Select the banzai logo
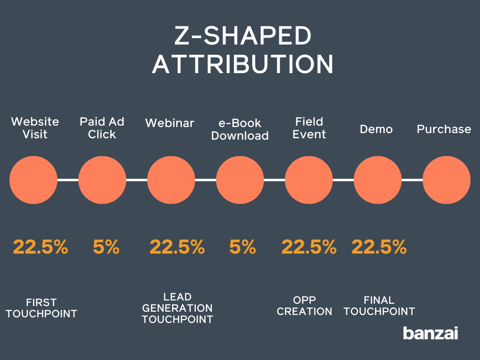(x=430, y=333)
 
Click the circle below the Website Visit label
(x=33, y=180)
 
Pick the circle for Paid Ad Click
(x=102, y=180)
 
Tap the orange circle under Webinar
(x=171, y=180)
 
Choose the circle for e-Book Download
(x=240, y=180)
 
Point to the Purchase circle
(x=446, y=180)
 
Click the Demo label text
(x=376, y=129)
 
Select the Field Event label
(x=309, y=128)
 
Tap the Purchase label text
(x=444, y=129)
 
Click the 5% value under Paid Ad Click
(x=106, y=247)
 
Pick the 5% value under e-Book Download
(x=242, y=247)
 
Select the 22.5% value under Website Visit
(x=40, y=247)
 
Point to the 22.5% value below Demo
(x=379, y=247)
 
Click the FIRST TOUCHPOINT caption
(x=41, y=308)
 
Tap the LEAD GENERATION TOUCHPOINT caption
(x=177, y=308)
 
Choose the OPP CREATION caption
(x=304, y=306)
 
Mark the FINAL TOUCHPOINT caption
(x=379, y=306)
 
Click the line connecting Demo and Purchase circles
(x=412, y=180)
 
